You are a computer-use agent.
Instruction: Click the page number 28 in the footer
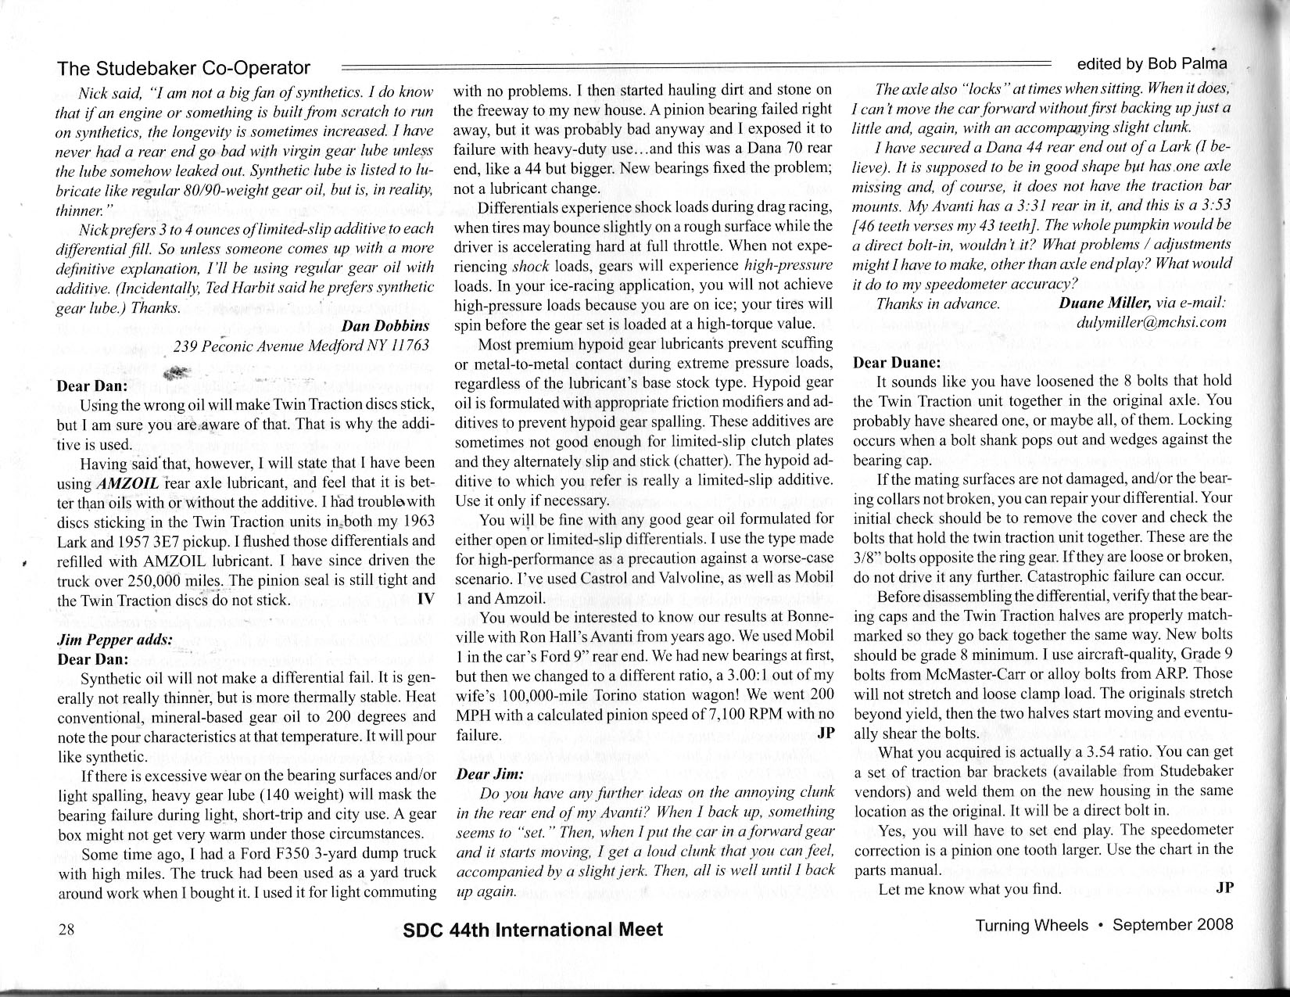click(x=66, y=929)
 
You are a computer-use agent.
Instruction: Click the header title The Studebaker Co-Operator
click(x=184, y=68)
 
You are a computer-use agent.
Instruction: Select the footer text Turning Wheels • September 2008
click(x=1103, y=925)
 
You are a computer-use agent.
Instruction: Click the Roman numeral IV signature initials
click(x=426, y=599)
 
